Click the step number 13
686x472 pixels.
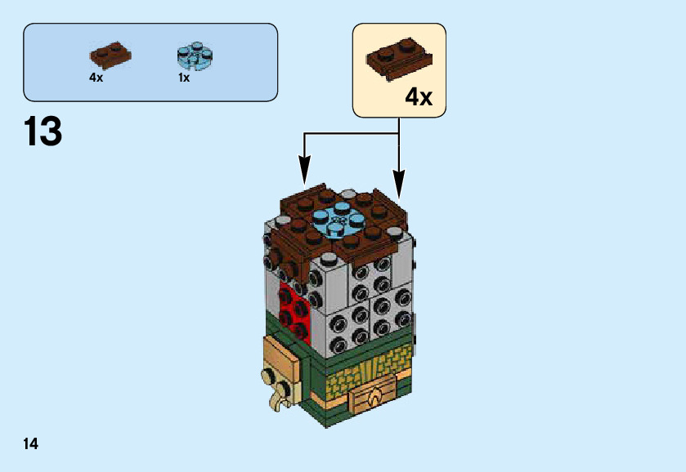[43, 131]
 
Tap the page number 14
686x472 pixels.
[30, 444]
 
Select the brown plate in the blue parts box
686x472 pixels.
[110, 55]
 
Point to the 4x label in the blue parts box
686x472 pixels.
[96, 78]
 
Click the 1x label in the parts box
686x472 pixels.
[184, 78]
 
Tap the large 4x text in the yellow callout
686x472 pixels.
[418, 98]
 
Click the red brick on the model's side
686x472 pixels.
[294, 310]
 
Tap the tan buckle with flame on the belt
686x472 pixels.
[372, 399]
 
